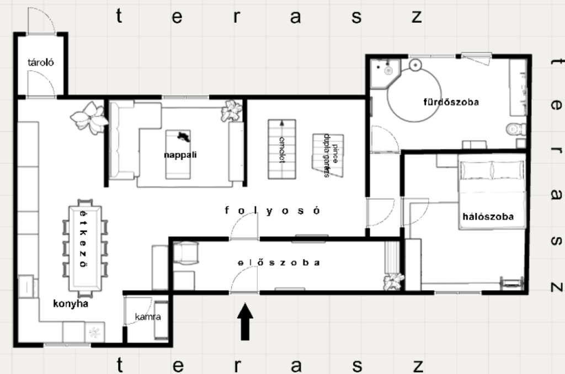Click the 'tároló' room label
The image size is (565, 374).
41,62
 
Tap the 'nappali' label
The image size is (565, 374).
180,155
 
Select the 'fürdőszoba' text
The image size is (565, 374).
451,102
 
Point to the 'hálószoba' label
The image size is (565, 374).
488,217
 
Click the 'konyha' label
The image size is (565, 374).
71,303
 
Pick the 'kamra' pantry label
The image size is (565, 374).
148,317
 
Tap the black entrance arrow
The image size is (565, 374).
245,322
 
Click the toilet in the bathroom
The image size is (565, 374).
516,129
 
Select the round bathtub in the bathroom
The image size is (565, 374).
414,94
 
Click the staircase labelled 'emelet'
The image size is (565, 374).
282,149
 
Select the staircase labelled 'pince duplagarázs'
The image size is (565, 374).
328,156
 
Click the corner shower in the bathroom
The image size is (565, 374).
385,73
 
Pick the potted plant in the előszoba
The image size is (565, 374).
393,281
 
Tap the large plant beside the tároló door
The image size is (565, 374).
89,117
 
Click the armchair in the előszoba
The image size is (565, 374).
186,253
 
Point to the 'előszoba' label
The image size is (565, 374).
279,263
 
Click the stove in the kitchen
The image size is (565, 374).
95,332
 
